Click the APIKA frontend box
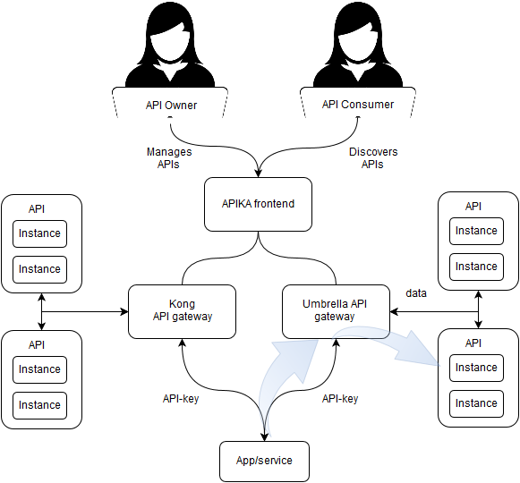pos(258,204)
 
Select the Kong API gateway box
pos(182,311)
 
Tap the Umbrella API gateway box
pos(336,311)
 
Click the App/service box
pos(264,462)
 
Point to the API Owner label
pos(171,106)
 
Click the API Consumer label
pos(358,105)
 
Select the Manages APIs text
pos(169,158)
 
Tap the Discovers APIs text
pos(373,158)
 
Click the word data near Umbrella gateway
pos(416,293)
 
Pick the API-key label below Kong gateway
pos(181,399)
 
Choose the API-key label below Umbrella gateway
pos(340,399)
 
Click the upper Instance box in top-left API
pos(39,233)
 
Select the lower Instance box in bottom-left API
pos(39,405)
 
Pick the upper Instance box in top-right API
pos(476,231)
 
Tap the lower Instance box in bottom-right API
pos(476,403)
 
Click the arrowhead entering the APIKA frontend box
pos(259,174)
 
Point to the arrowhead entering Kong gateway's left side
pos(124,311)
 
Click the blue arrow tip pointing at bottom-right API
pos(439,366)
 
